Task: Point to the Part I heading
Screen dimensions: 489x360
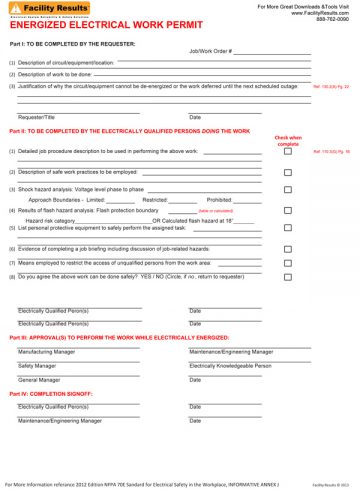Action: coord(72,43)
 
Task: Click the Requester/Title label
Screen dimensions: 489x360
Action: coord(39,117)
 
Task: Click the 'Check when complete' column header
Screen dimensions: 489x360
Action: coord(287,140)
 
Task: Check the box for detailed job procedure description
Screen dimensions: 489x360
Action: coord(288,152)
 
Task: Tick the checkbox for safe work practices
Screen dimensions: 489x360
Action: coord(288,172)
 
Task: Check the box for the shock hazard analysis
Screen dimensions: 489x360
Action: coord(288,189)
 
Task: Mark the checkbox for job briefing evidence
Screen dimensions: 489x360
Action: coord(288,248)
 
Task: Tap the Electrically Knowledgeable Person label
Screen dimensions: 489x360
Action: coord(230,366)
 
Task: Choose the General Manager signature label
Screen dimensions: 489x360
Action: coord(39,380)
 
